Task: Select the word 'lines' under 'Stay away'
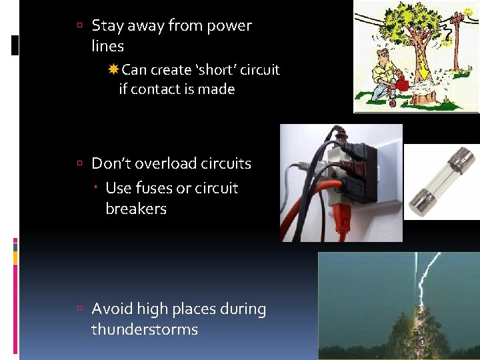tap(108, 46)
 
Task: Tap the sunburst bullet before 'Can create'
tap(113, 69)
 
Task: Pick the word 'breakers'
tap(136, 209)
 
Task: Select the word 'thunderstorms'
tap(145, 329)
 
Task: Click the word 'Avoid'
tap(112, 309)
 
